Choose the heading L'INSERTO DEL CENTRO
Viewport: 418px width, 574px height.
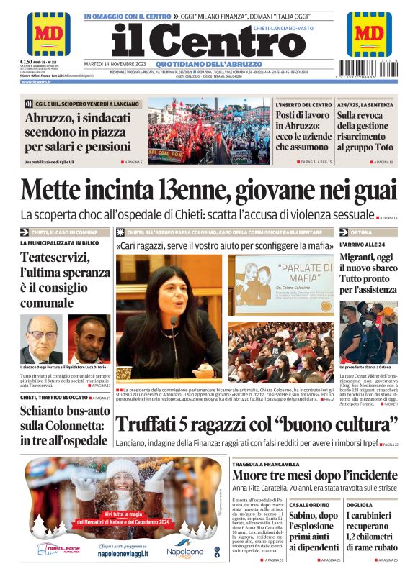pyautogui.click(x=303, y=105)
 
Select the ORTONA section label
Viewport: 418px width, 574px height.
pyautogui.click(x=362, y=232)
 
